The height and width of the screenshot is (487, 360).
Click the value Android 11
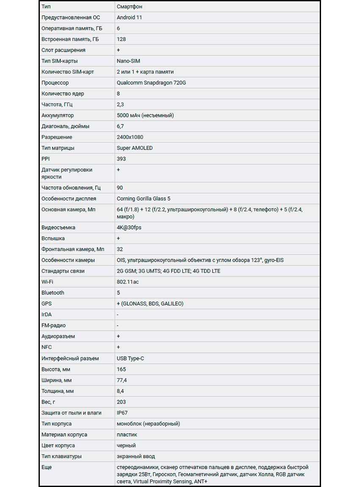coord(129,17)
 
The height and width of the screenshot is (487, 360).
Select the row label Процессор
coord(55,83)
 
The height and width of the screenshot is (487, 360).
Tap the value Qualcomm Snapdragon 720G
coord(151,83)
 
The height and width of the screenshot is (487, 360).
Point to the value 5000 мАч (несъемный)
coord(145,115)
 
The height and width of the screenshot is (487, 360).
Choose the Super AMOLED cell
coord(135,148)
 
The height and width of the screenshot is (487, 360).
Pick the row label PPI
coord(46,159)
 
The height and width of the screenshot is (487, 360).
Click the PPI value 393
coord(121,159)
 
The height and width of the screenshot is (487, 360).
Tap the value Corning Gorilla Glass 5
coord(144,199)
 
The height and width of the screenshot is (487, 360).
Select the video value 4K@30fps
coord(129,227)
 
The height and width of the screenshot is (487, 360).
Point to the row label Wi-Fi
coord(47,282)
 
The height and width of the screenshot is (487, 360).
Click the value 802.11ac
coord(127,282)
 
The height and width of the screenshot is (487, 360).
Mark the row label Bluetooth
coord(53,293)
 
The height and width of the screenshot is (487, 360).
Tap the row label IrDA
coord(47,315)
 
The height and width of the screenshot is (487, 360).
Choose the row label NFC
coord(47,347)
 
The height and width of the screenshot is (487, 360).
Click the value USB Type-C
coord(130,358)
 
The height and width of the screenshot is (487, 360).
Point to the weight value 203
coord(121,402)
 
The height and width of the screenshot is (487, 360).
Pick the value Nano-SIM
coord(129,61)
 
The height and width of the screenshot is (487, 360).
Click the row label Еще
coord(47,467)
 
